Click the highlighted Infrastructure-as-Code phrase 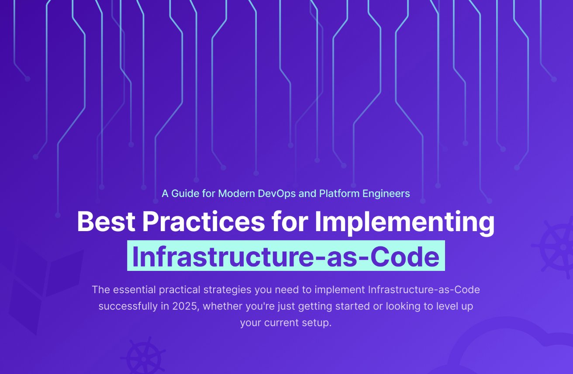[286, 256]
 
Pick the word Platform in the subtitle [336, 194]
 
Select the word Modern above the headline [235, 194]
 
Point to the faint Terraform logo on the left [44, 280]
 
